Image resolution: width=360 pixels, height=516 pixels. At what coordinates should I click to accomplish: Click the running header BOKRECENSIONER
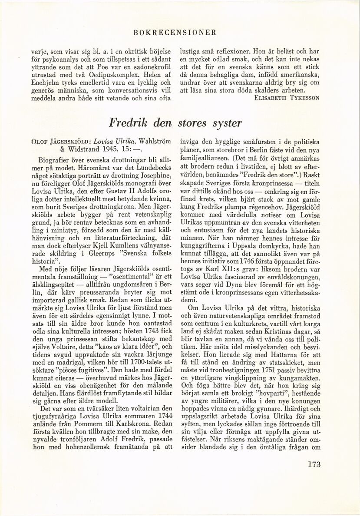tap(182, 32)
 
